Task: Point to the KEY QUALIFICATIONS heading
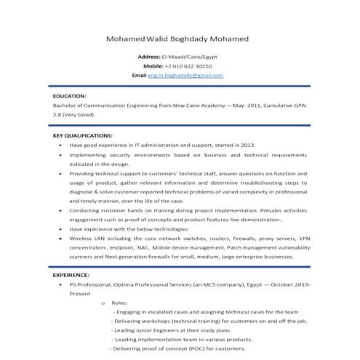[83, 135]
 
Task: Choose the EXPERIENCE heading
[71, 276]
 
